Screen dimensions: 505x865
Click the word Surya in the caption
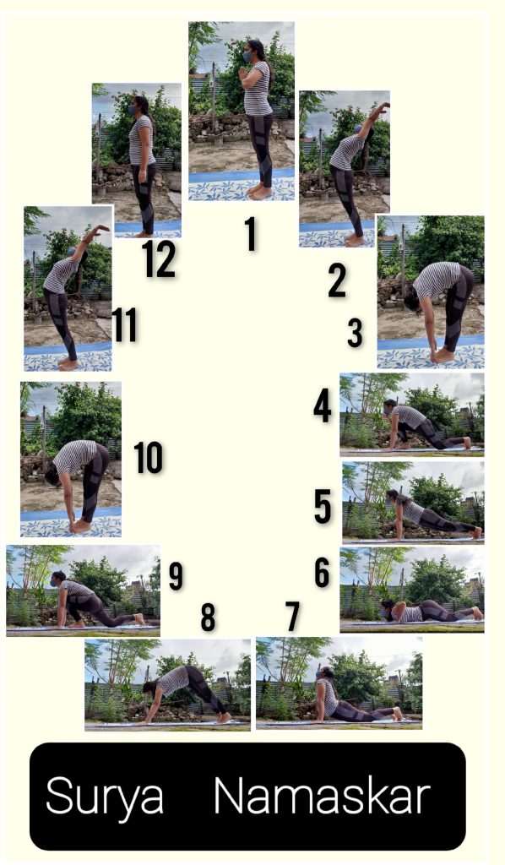tap(105, 797)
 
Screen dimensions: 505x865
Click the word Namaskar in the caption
tap(322, 795)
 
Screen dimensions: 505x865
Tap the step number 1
tap(252, 234)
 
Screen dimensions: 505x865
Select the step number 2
tap(337, 280)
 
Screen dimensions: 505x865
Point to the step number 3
tap(356, 333)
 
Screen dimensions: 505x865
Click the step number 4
tap(323, 405)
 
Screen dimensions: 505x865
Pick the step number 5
tap(323, 506)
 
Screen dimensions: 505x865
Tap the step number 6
tap(323, 572)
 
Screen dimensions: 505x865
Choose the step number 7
tap(293, 616)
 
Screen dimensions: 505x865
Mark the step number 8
tap(208, 617)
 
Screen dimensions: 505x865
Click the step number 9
tap(176, 576)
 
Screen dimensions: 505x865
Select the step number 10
tap(149, 457)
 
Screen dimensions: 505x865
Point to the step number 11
tap(125, 324)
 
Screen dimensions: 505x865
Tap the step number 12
tap(159, 258)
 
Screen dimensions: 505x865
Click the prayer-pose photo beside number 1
tap(242, 112)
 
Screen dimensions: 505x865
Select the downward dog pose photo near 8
tap(167, 684)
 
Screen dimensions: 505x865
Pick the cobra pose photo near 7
tap(339, 683)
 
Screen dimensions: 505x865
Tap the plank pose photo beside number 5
tap(413, 503)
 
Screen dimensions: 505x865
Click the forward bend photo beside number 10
tap(71, 460)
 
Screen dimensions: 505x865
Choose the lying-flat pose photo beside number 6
tap(412, 589)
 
